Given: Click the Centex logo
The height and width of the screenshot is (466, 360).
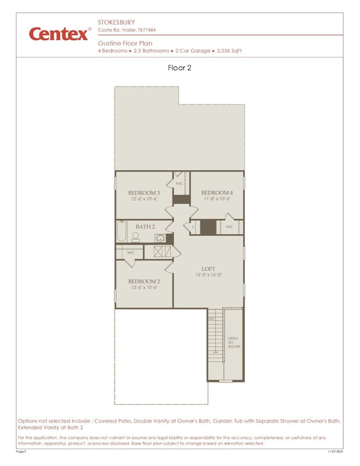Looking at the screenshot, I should (59, 34).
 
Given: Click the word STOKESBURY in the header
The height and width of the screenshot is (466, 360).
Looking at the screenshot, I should (117, 23).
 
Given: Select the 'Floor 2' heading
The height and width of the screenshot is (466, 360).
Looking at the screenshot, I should (179, 69).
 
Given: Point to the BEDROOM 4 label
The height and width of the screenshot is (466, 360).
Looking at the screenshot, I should (217, 193).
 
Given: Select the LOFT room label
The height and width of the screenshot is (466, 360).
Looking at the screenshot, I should (208, 269).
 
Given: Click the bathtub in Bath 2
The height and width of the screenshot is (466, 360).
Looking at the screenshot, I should (122, 231).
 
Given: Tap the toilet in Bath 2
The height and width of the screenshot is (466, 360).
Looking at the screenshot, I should (135, 236).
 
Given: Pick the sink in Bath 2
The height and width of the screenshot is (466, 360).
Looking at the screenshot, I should (160, 239).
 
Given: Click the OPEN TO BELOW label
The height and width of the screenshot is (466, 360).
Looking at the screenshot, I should (233, 343).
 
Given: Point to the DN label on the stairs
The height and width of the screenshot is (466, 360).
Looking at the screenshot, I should (212, 319).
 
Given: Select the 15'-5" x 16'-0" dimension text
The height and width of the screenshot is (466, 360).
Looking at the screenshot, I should (208, 275).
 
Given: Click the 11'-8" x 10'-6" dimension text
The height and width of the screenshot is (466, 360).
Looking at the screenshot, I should (217, 199).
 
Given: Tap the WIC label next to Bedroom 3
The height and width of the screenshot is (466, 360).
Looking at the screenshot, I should (179, 183).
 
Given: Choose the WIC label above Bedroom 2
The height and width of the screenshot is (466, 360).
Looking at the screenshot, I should (131, 252).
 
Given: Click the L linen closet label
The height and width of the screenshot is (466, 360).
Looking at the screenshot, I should (193, 227).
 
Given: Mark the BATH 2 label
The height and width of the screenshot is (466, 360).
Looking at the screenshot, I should (145, 227).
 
